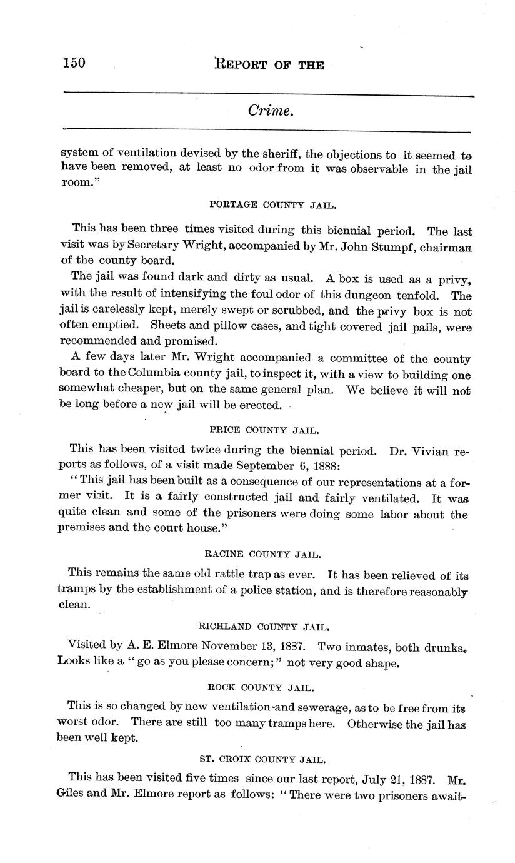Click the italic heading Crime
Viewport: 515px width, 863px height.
pyautogui.click(x=270, y=111)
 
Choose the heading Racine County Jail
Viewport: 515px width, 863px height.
pyautogui.click(x=263, y=554)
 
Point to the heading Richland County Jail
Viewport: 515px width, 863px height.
pyautogui.click(x=264, y=626)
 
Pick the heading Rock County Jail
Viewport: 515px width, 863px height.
pyautogui.click(x=261, y=687)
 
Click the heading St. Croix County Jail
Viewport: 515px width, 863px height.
pyautogui.click(x=262, y=759)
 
